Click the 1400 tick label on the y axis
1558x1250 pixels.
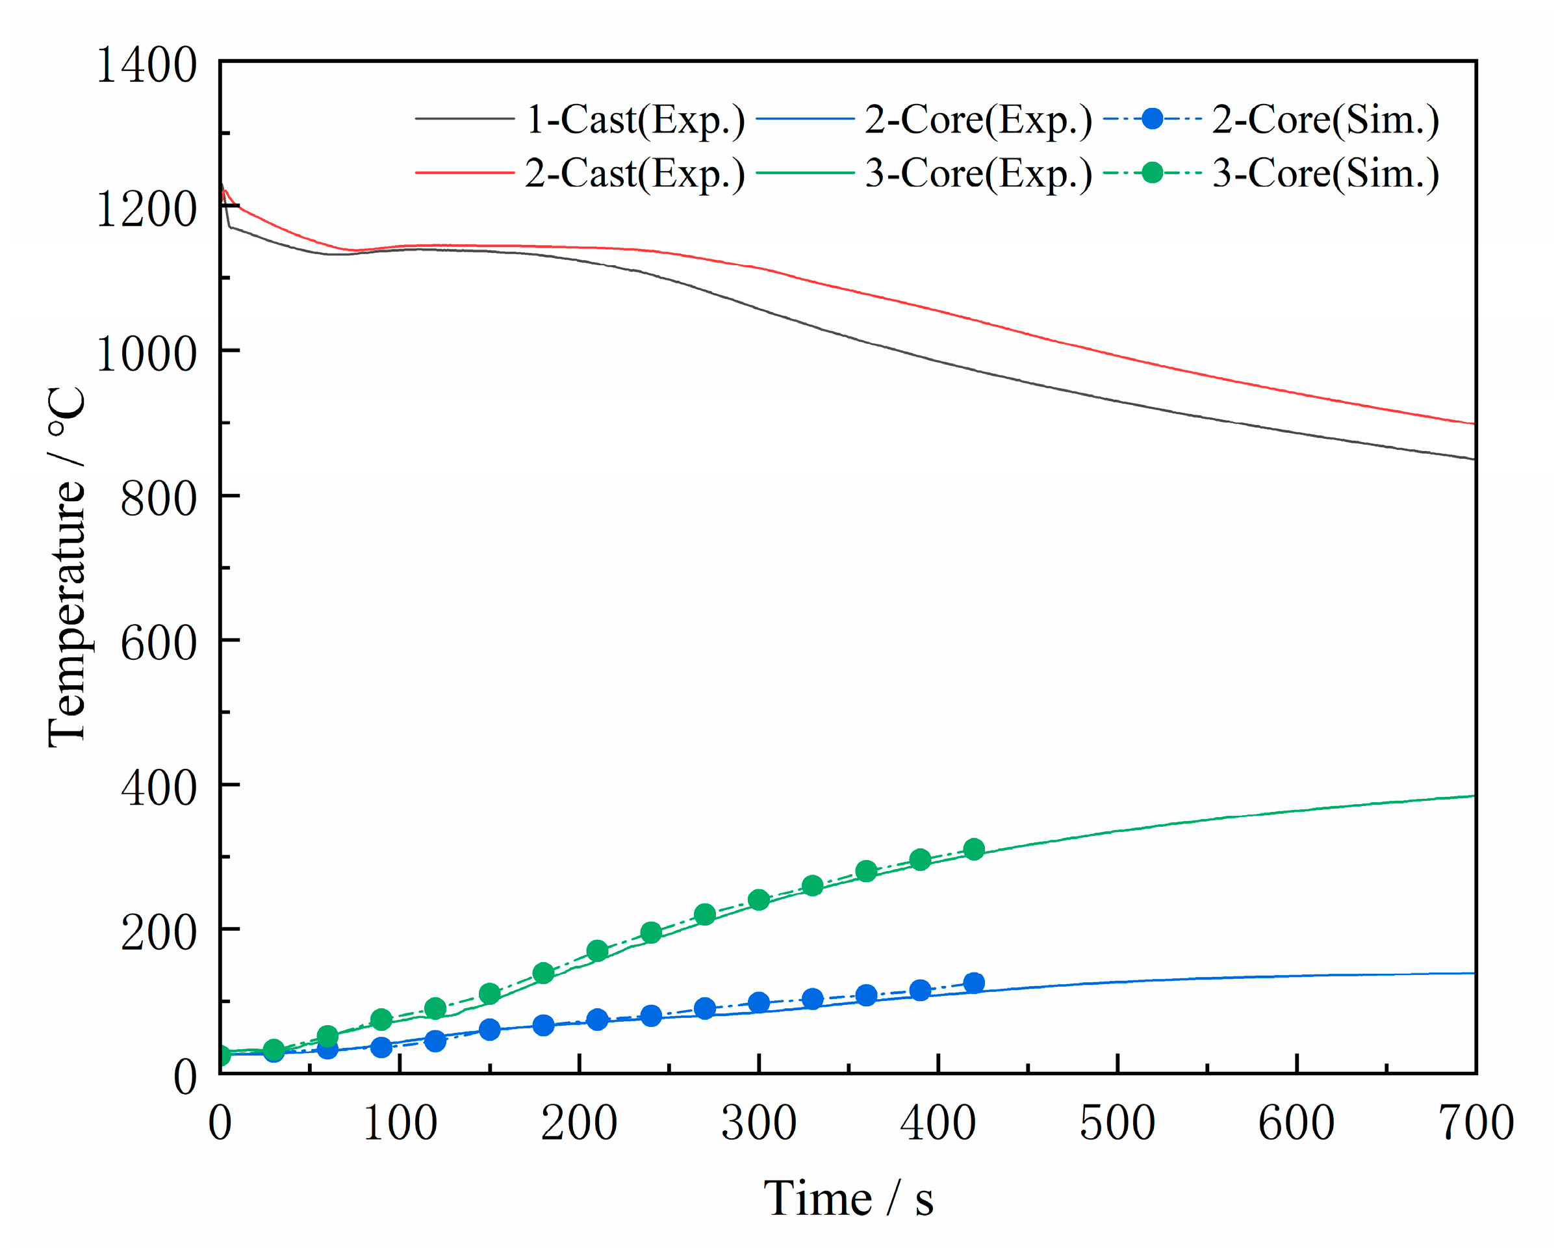146,65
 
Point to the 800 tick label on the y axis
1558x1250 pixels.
159,499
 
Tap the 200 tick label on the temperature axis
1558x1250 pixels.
159,933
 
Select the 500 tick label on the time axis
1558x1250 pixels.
1117,1123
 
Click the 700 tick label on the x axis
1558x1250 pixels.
1475,1123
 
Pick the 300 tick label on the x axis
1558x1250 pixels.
759,1123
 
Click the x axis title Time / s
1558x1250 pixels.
849,1199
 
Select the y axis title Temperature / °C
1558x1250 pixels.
66,567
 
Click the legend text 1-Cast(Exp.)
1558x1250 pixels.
635,120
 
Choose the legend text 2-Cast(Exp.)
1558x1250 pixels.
635,174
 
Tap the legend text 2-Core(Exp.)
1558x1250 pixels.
978,120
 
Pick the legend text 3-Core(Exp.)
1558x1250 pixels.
978,174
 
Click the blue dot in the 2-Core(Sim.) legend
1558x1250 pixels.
1153,118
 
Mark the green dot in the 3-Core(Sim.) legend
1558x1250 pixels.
1153,173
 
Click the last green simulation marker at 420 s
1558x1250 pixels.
973,849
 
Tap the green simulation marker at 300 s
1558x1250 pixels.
759,900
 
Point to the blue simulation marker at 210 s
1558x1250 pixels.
597,1020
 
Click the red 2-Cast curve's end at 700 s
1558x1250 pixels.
1473,424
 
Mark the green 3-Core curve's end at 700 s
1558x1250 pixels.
1473,796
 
